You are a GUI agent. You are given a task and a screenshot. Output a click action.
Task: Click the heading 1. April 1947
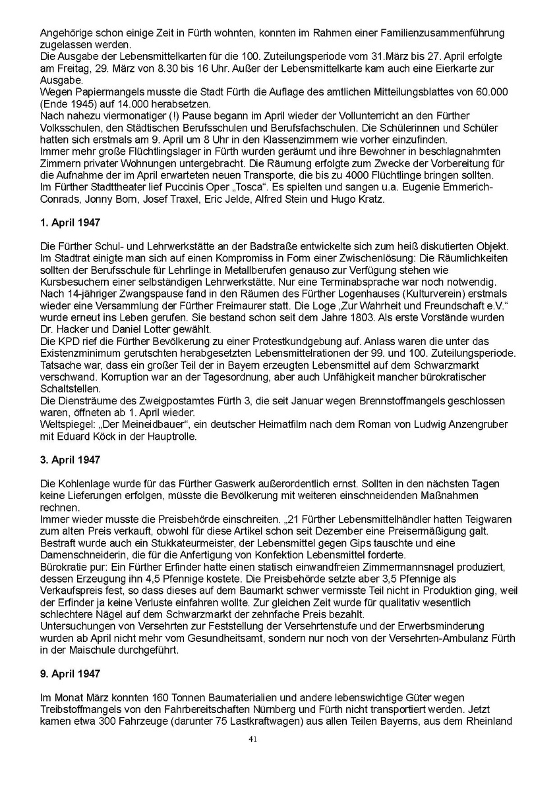(x=70, y=223)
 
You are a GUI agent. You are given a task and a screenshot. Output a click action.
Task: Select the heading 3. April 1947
(x=70, y=460)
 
